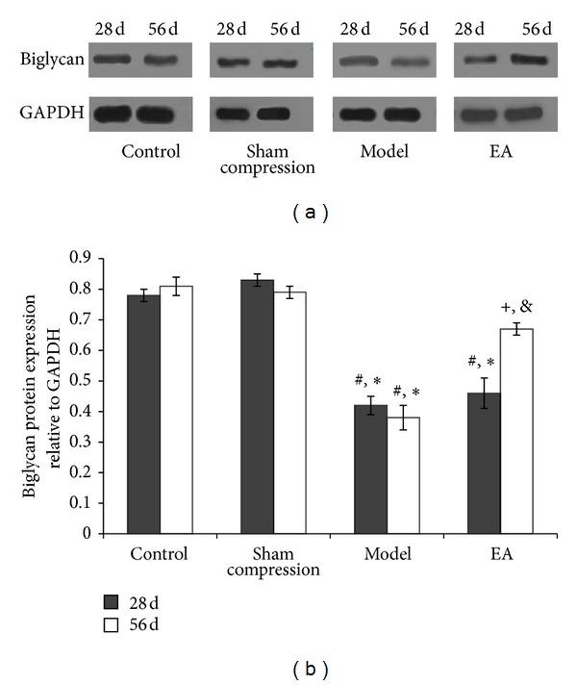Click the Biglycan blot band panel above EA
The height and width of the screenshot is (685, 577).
[x=502, y=60]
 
